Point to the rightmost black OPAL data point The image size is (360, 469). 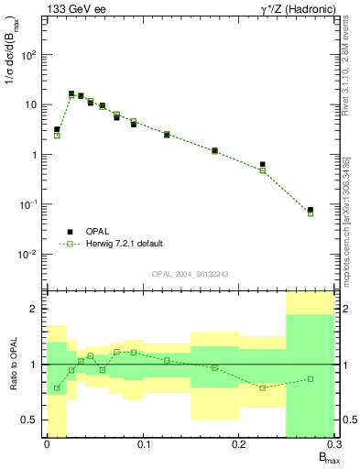pos(311,210)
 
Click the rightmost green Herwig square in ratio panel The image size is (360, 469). pos(311,379)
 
